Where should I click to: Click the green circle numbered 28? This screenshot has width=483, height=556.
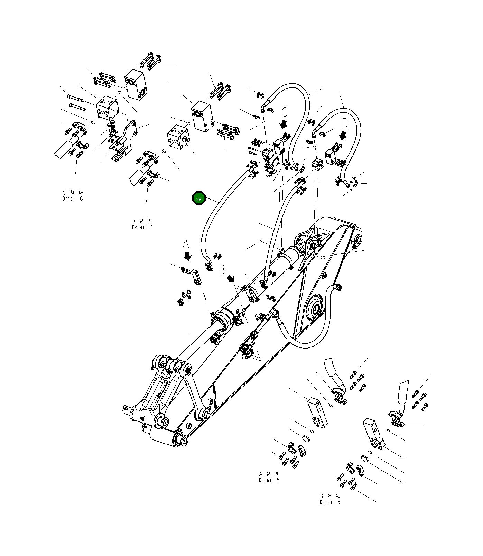(x=199, y=199)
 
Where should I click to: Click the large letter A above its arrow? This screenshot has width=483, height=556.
(x=186, y=243)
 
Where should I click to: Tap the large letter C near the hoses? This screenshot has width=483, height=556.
(x=285, y=112)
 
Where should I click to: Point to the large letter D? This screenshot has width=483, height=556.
(x=345, y=123)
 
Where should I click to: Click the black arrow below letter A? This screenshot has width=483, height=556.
(x=188, y=256)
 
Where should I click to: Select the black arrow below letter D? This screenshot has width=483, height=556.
(x=344, y=135)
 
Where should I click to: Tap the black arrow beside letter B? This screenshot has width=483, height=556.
(x=231, y=278)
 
